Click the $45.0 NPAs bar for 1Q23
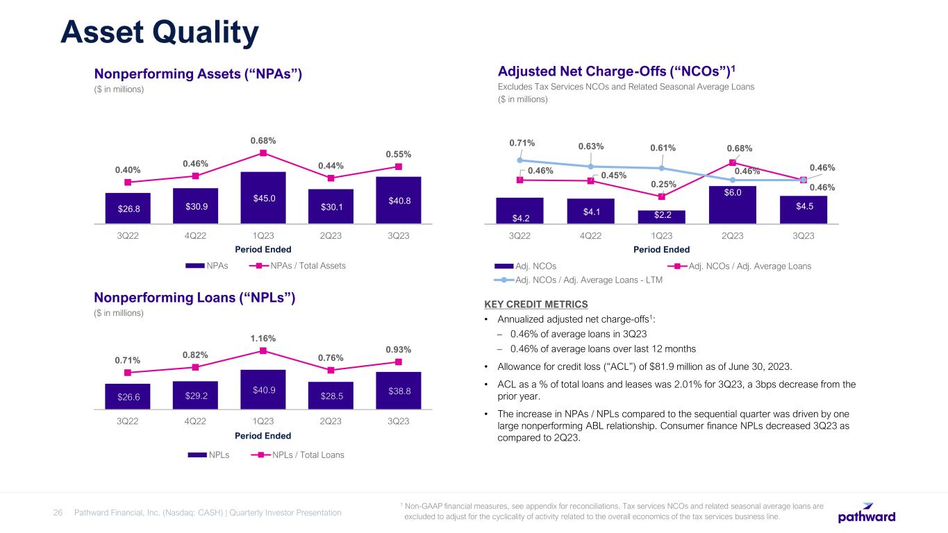264,198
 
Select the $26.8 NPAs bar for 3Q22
128,208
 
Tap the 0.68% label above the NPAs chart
264,141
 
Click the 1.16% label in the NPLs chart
264,339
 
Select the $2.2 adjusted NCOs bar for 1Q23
662,217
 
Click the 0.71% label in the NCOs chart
522,143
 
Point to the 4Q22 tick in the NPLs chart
196,421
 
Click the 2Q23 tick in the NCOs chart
733,235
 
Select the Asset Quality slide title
160,32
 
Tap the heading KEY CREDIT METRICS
536,304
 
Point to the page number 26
58,513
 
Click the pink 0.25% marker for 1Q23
662,196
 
